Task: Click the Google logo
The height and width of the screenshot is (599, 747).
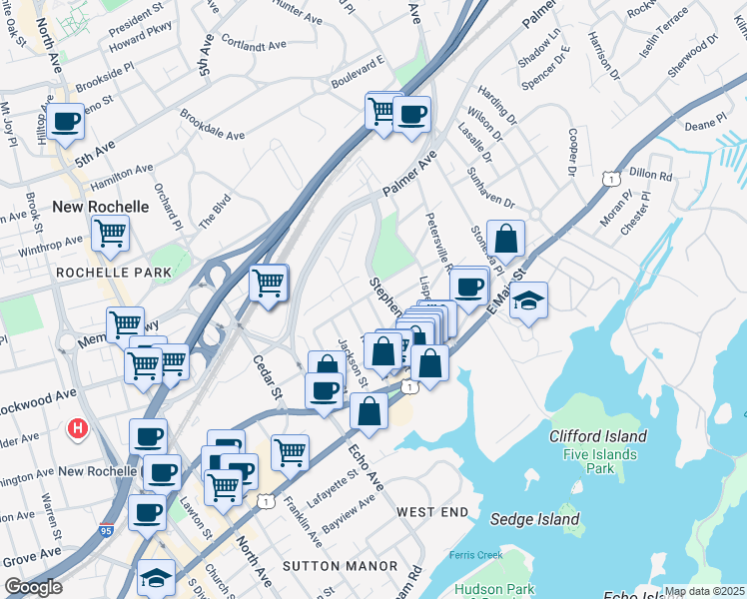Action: coord(33,587)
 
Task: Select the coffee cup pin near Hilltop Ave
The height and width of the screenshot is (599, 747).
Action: coord(66,123)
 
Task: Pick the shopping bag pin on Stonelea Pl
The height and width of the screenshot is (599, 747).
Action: coord(506,239)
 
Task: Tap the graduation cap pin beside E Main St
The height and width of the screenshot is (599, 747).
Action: coord(528,299)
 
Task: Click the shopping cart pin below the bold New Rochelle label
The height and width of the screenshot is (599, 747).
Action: coord(110,235)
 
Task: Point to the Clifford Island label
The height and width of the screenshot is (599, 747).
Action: coord(598,436)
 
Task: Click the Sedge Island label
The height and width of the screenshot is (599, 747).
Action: coord(535,519)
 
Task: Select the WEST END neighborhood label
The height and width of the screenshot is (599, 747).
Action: coord(432,512)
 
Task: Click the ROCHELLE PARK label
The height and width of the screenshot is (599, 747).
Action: coord(103,272)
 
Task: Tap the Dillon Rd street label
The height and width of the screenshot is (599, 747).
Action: coord(651,174)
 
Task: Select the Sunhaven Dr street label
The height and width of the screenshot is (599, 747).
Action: coord(489,187)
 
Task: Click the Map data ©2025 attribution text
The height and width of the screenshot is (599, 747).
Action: coord(705,591)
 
